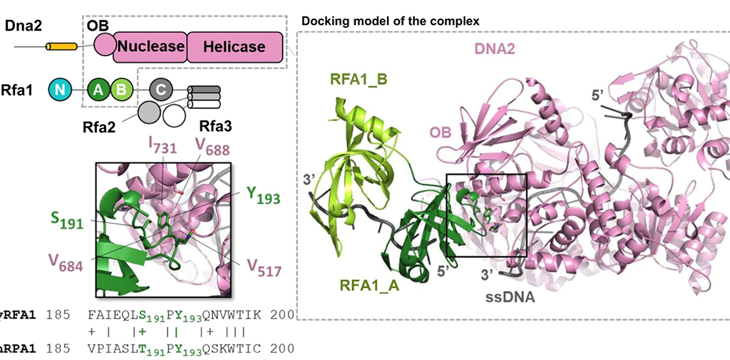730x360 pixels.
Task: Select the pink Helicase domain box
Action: [x=234, y=47]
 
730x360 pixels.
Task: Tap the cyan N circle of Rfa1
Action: [x=60, y=89]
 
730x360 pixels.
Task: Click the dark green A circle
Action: [x=99, y=89]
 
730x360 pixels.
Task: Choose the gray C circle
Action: [x=161, y=89]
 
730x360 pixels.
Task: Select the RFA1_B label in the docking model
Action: [x=359, y=78]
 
